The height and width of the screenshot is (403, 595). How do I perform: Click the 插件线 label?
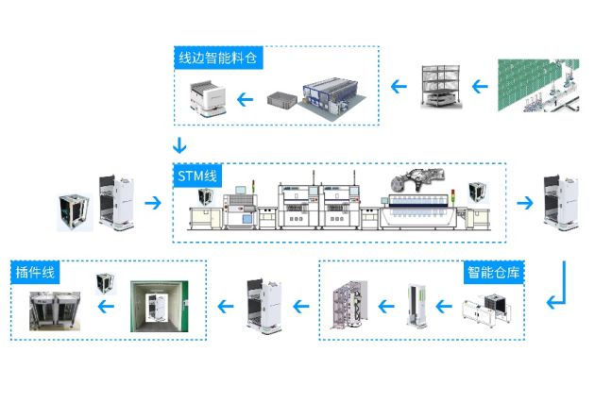36,274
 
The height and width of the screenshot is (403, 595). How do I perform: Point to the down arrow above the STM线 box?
180,147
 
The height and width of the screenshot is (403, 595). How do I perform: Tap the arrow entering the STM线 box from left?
150,201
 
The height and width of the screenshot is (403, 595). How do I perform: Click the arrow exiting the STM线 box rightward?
524,201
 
